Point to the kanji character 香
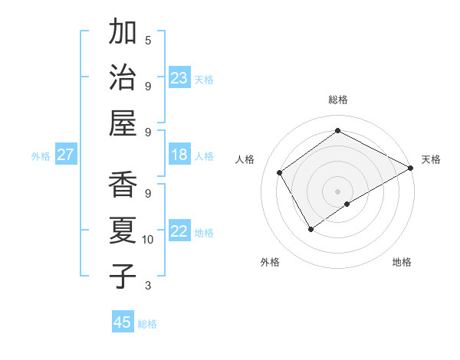click(x=123, y=185)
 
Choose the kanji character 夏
click(x=123, y=231)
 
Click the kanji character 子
click(x=123, y=276)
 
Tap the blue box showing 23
click(x=179, y=78)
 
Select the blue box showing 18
click(x=179, y=155)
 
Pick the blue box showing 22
click(x=179, y=232)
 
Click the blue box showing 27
click(x=65, y=155)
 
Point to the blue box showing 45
click(x=123, y=322)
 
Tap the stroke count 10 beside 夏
click(x=148, y=240)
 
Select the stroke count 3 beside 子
click(x=148, y=286)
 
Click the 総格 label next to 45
click(x=147, y=324)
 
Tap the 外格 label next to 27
click(x=41, y=156)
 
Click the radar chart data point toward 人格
click(x=280, y=172)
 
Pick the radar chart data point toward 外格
click(x=310, y=228)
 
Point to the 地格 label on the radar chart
click(x=402, y=262)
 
